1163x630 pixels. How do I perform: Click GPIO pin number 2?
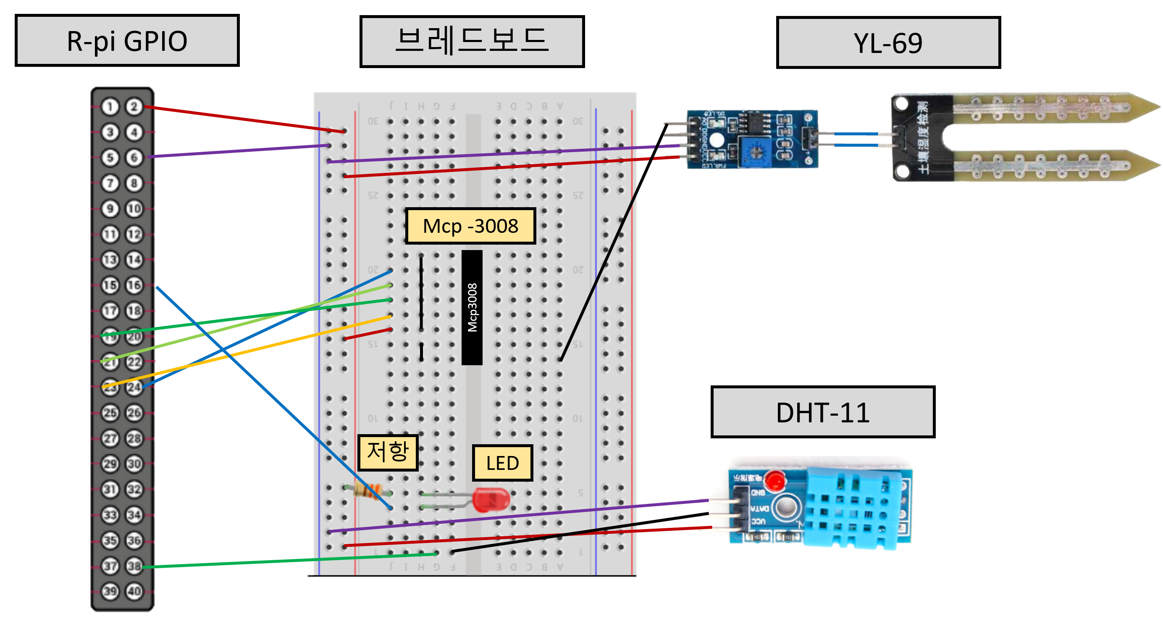click(x=134, y=107)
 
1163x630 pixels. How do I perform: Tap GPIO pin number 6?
click(x=134, y=158)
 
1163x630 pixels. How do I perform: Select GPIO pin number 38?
click(x=134, y=566)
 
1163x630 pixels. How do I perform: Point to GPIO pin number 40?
click(x=134, y=591)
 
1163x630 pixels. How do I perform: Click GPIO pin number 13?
click(x=110, y=260)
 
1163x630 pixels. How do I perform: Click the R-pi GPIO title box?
click(x=127, y=41)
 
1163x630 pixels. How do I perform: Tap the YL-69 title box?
click(x=887, y=43)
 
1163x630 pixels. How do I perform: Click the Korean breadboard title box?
click(x=472, y=42)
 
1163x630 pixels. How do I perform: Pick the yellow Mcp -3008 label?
click(x=470, y=226)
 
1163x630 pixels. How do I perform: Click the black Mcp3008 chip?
click(x=472, y=308)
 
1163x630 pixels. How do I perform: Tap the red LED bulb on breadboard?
click(x=491, y=499)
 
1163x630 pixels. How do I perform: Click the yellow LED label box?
click(x=502, y=463)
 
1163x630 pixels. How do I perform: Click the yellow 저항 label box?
click(x=388, y=452)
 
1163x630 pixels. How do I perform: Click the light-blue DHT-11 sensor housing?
click(x=853, y=508)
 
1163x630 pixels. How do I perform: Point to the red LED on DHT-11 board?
click(x=775, y=480)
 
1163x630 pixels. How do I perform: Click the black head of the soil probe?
click(x=921, y=138)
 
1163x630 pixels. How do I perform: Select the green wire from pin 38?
click(x=289, y=560)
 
